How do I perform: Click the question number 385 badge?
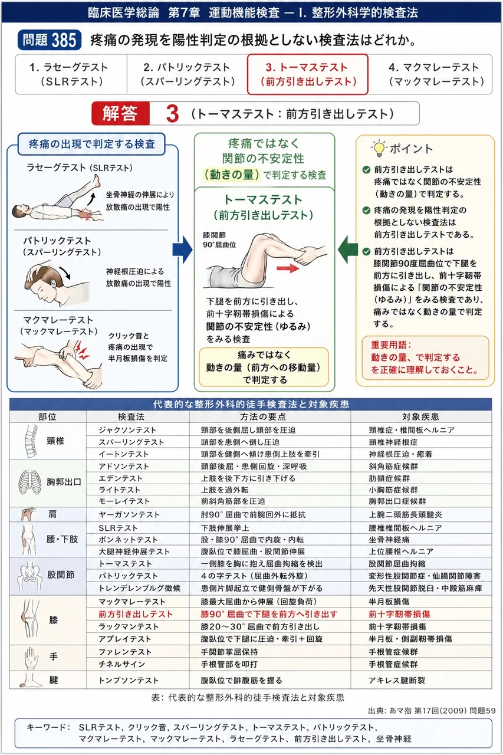tap(50, 40)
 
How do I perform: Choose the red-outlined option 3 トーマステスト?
tap(308, 74)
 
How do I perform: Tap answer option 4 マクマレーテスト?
tap(436, 74)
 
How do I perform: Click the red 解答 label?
tap(120, 113)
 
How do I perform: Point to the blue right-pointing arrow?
tap(182, 250)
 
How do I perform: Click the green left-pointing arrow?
tap(348, 250)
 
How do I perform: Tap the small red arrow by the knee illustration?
tap(288, 268)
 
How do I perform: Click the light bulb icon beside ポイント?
tap(379, 149)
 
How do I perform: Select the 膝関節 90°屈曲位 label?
tap(219, 239)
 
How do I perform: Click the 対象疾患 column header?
tap(420, 417)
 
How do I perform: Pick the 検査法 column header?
tap(131, 417)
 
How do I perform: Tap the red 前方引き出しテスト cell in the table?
tap(136, 614)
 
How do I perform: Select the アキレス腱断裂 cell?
tap(396, 680)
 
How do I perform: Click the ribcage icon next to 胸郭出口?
tap(30, 482)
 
